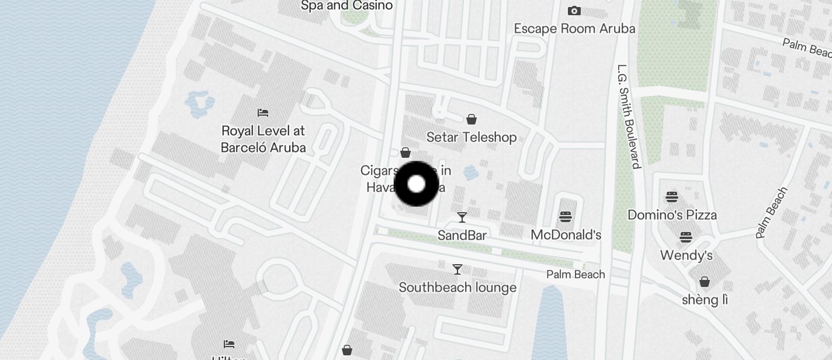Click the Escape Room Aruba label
click(x=574, y=28)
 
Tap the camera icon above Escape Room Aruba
click(x=574, y=11)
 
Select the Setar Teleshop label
click(x=472, y=137)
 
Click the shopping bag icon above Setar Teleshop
click(x=472, y=120)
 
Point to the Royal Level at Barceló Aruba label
click(x=263, y=139)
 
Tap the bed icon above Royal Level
click(x=263, y=112)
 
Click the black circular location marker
click(x=417, y=184)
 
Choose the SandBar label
click(x=462, y=235)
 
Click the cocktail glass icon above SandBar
click(x=462, y=217)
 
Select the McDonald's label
click(x=566, y=235)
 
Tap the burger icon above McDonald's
click(x=566, y=217)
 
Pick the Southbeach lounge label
click(x=457, y=287)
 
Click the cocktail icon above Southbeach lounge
click(x=457, y=269)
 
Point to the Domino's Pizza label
click(x=672, y=214)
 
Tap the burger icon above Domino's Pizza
click(x=672, y=196)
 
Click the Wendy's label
click(x=686, y=255)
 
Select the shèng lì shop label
click(x=705, y=300)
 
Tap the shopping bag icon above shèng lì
click(x=705, y=282)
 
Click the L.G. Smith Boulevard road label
click(x=629, y=116)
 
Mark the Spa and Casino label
click(x=346, y=6)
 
